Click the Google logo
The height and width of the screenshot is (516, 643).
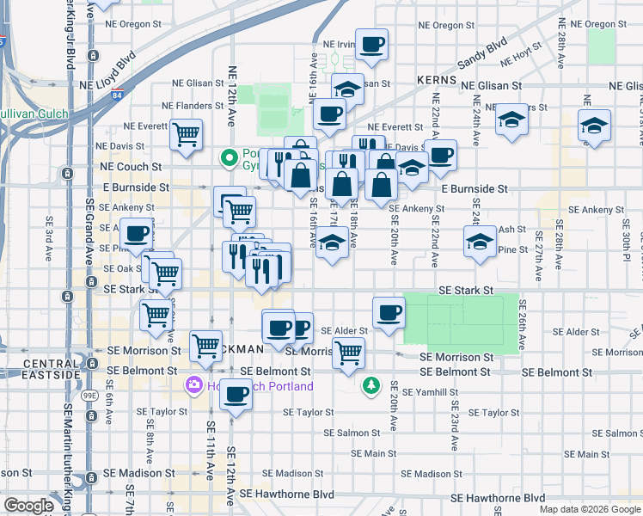click(x=28, y=506)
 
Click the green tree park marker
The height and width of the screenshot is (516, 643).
click(x=370, y=386)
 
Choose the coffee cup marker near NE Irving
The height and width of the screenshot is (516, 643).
click(x=371, y=45)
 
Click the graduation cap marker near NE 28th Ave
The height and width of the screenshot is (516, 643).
click(x=594, y=126)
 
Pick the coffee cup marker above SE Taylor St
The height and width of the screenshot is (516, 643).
click(x=236, y=396)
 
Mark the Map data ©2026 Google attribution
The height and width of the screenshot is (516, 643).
click(x=589, y=509)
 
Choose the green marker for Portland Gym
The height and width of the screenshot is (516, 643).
click(x=229, y=157)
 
